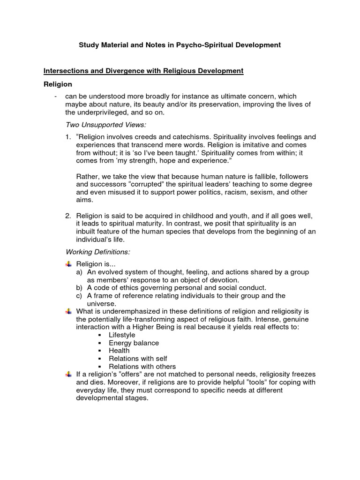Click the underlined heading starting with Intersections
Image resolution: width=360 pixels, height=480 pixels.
pyautogui.click(x=143, y=71)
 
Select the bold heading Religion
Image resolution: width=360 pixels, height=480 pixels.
pyautogui.click(x=58, y=84)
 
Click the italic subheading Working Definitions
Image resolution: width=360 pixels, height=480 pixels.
pyautogui.click(x=97, y=252)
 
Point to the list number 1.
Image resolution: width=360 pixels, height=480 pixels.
pyautogui.click(x=68, y=137)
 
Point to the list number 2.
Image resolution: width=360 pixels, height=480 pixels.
pyautogui.click(x=68, y=216)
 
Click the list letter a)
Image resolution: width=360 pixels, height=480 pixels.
pyautogui.click(x=79, y=272)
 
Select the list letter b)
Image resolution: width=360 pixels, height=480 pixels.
pyautogui.click(x=79, y=288)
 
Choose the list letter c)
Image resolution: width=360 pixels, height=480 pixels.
pyautogui.click(x=79, y=296)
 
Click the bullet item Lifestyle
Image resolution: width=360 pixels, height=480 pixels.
pyautogui.click(x=122, y=335)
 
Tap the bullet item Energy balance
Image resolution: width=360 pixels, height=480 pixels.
pyautogui.click(x=134, y=343)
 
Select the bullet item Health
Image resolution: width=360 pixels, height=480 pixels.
pyautogui.click(x=119, y=351)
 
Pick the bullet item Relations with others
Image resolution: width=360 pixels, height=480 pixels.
pyautogui.click(x=142, y=367)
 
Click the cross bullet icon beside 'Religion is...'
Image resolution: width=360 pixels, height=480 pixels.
pyautogui.click(x=68, y=264)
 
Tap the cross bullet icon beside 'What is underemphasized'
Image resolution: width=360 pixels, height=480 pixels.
pyautogui.click(x=68, y=311)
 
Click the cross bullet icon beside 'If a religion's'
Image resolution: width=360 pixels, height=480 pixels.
pyautogui.click(x=68, y=374)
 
